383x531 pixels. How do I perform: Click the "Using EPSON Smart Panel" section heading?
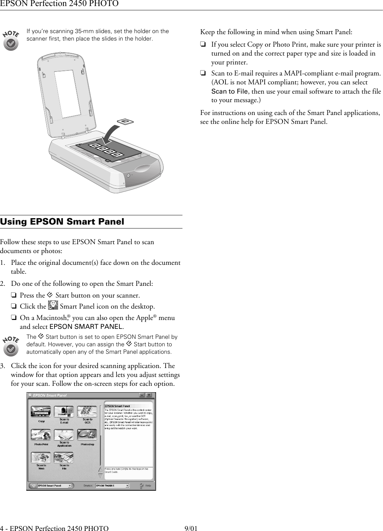[62, 222]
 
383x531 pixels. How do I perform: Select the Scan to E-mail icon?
[64, 412]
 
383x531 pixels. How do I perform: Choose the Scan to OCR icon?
[87, 412]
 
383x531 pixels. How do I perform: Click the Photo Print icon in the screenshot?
[41, 435]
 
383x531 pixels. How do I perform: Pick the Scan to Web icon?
[41, 458]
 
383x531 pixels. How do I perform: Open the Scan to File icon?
[64, 458]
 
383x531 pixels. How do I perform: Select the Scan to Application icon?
[64, 435]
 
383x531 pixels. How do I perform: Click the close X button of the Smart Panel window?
[149, 395]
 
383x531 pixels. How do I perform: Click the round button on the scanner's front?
[128, 175]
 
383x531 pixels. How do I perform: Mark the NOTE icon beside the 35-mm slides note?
[11, 40]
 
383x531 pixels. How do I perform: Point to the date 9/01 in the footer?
[191, 528]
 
